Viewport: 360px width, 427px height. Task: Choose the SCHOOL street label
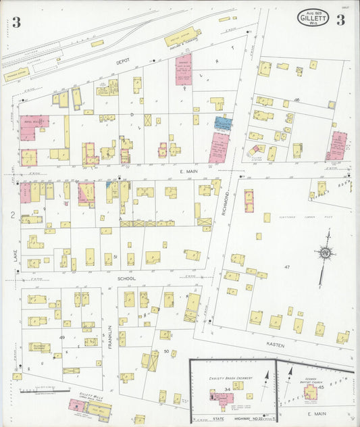[x=128, y=278]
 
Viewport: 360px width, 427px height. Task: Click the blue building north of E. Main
[x=223, y=123]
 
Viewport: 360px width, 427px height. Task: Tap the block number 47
[x=286, y=267]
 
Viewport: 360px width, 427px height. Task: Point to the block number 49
[x=62, y=336]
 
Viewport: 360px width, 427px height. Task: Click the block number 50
[x=166, y=351]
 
